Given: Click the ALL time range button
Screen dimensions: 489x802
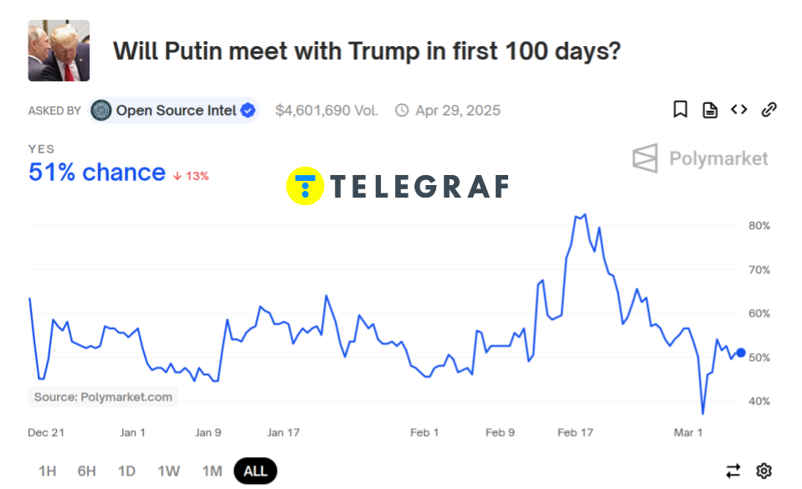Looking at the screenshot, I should coord(255,471).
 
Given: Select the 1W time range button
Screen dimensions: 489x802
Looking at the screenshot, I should coord(168,471).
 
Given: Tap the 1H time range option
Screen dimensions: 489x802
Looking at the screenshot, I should coord(47,471).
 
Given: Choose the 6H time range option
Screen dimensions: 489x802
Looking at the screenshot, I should coord(87,471).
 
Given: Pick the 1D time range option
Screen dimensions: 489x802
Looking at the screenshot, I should coord(126,471).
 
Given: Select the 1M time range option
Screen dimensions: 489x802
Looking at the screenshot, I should coord(212,471).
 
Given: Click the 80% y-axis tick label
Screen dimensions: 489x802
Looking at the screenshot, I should coord(759,226).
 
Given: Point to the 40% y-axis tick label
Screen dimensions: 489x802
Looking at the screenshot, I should coord(759,401).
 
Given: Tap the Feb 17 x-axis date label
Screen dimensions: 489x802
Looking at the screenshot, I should coord(575,433).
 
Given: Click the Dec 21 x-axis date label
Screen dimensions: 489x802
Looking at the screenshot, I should coord(46,433).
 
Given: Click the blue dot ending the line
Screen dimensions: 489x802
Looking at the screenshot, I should coord(741,353).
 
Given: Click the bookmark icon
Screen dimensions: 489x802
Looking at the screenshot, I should coord(681,110).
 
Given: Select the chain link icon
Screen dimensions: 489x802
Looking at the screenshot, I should coord(769,110).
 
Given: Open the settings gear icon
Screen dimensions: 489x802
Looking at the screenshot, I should coord(763,471).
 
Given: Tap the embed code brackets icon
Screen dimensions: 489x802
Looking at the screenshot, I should coord(738,110).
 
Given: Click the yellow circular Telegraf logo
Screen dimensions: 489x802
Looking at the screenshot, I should coord(305,186).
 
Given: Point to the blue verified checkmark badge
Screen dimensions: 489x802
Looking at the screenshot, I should coord(249,110).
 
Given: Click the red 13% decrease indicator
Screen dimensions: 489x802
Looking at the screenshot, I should coord(191,176).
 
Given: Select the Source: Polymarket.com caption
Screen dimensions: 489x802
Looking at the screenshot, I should coord(103,397).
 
